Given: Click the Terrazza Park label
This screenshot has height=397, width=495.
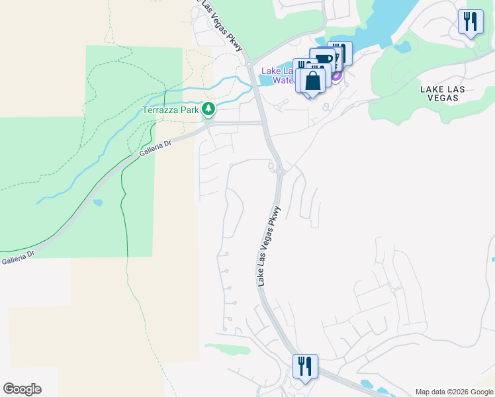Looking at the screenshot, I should (171, 110).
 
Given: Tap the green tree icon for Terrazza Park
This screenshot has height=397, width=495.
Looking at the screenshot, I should (209, 109).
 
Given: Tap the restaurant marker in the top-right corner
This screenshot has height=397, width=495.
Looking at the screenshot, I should (471, 22).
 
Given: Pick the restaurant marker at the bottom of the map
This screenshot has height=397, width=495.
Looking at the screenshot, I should (305, 367).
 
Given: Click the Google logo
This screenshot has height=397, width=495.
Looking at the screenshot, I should (22, 389).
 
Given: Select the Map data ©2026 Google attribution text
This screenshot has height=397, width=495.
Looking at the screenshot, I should (454, 392).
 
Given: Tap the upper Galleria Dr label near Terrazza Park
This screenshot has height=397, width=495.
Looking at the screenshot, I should (155, 147).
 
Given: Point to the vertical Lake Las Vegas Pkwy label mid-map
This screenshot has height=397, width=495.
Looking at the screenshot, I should (269, 246).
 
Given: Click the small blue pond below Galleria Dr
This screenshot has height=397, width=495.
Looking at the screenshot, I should (98, 202).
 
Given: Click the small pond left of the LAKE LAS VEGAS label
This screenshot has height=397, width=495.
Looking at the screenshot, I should (402, 47).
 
